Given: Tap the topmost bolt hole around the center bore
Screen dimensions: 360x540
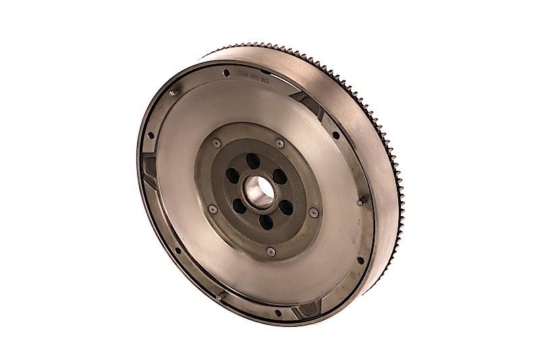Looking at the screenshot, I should click(x=252, y=161).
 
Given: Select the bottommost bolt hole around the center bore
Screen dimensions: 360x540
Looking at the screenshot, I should click(x=267, y=221).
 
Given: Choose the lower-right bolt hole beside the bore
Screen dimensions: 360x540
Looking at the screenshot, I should click(x=286, y=207).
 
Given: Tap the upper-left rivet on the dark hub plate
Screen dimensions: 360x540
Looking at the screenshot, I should click(x=215, y=143).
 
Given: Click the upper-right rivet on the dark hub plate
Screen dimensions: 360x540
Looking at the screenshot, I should click(x=279, y=143).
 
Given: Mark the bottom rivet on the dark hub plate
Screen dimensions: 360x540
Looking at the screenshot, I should click(x=271, y=251).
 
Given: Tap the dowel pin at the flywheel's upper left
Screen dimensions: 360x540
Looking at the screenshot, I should click(x=173, y=93).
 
